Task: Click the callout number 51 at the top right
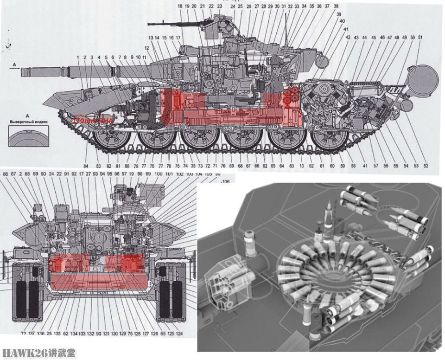point(420,37)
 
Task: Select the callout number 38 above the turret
point(336,6)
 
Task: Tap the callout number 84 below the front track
point(85,166)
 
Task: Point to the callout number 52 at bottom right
point(426,166)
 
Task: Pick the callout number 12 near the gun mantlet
point(146,48)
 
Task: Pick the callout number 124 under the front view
point(179,334)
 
